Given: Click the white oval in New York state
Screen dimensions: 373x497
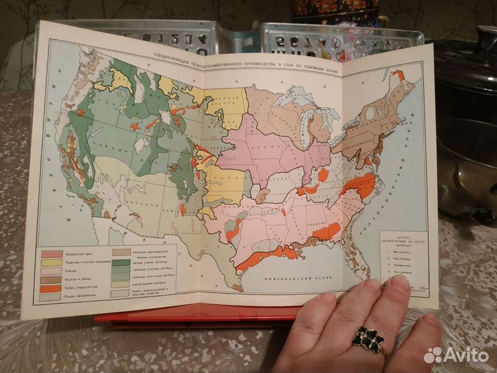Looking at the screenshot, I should tap(370, 112).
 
